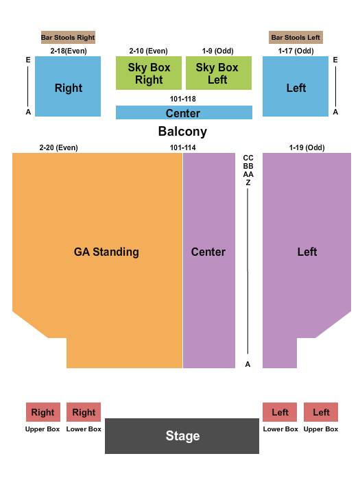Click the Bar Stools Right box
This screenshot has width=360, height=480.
(x=68, y=37)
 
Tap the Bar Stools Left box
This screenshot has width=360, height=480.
(x=296, y=37)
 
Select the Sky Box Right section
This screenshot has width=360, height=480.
(x=149, y=73)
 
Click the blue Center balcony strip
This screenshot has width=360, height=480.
(x=183, y=113)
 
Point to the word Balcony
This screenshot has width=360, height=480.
(x=182, y=132)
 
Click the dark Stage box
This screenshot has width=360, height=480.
(x=182, y=435)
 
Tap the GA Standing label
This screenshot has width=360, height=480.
(x=106, y=252)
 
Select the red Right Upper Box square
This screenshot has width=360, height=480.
(x=43, y=412)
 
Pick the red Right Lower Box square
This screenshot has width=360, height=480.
(x=84, y=412)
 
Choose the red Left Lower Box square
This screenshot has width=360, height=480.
(x=280, y=412)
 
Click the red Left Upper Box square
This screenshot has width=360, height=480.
(x=321, y=412)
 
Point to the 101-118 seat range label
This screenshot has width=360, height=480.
(x=183, y=99)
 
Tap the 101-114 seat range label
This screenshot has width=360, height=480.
(x=183, y=147)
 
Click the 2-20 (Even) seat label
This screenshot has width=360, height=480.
(x=58, y=147)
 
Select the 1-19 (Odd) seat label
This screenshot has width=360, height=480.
(x=307, y=147)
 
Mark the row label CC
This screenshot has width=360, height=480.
(x=248, y=158)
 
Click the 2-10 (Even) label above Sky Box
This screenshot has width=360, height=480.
(x=148, y=51)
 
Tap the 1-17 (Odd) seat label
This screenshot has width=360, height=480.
(x=296, y=51)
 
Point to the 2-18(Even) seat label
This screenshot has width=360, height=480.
(x=68, y=51)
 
